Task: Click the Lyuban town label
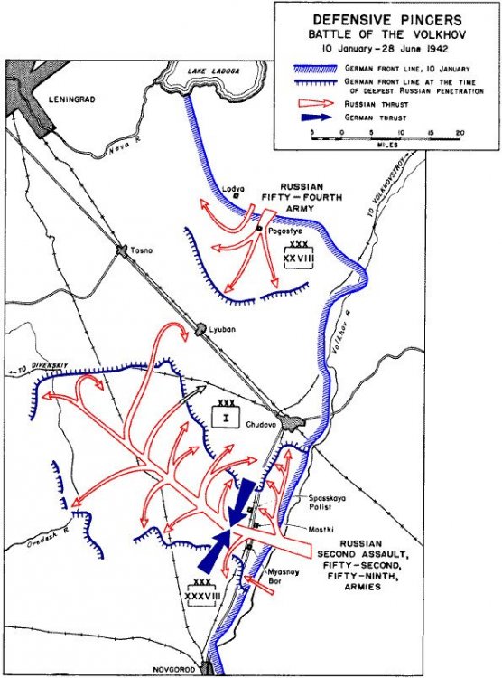point(221,329)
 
